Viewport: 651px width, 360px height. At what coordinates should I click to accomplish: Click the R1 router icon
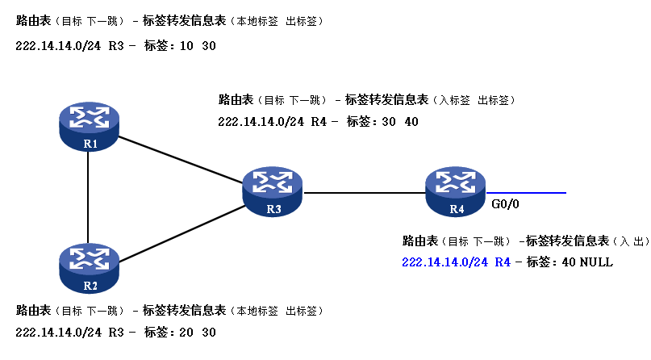[90, 123]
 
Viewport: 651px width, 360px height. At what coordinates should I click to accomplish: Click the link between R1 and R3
[182, 161]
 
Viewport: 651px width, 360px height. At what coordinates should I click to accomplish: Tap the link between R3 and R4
[365, 193]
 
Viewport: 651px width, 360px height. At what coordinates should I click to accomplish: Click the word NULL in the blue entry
[596, 262]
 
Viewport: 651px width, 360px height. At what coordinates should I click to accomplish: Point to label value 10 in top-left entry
[184, 47]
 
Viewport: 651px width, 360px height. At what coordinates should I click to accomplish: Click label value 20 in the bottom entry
[184, 332]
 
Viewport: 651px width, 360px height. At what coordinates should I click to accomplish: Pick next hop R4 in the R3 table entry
[319, 122]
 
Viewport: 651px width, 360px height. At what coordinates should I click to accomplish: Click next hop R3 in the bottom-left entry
[116, 332]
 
